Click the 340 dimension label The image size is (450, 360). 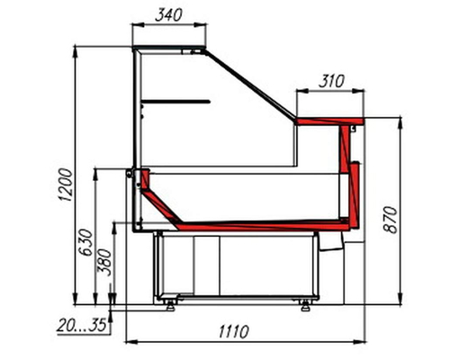[168, 15]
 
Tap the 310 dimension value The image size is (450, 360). [331, 81]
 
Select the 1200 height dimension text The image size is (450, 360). [66, 184]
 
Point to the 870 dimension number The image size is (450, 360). [391, 220]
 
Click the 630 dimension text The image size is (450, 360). [86, 242]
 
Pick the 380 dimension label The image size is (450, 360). [105, 263]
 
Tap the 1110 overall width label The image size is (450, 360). [234, 331]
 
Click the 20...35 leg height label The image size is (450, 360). [82, 325]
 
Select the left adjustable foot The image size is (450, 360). [170, 305]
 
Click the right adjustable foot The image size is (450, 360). [306, 305]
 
